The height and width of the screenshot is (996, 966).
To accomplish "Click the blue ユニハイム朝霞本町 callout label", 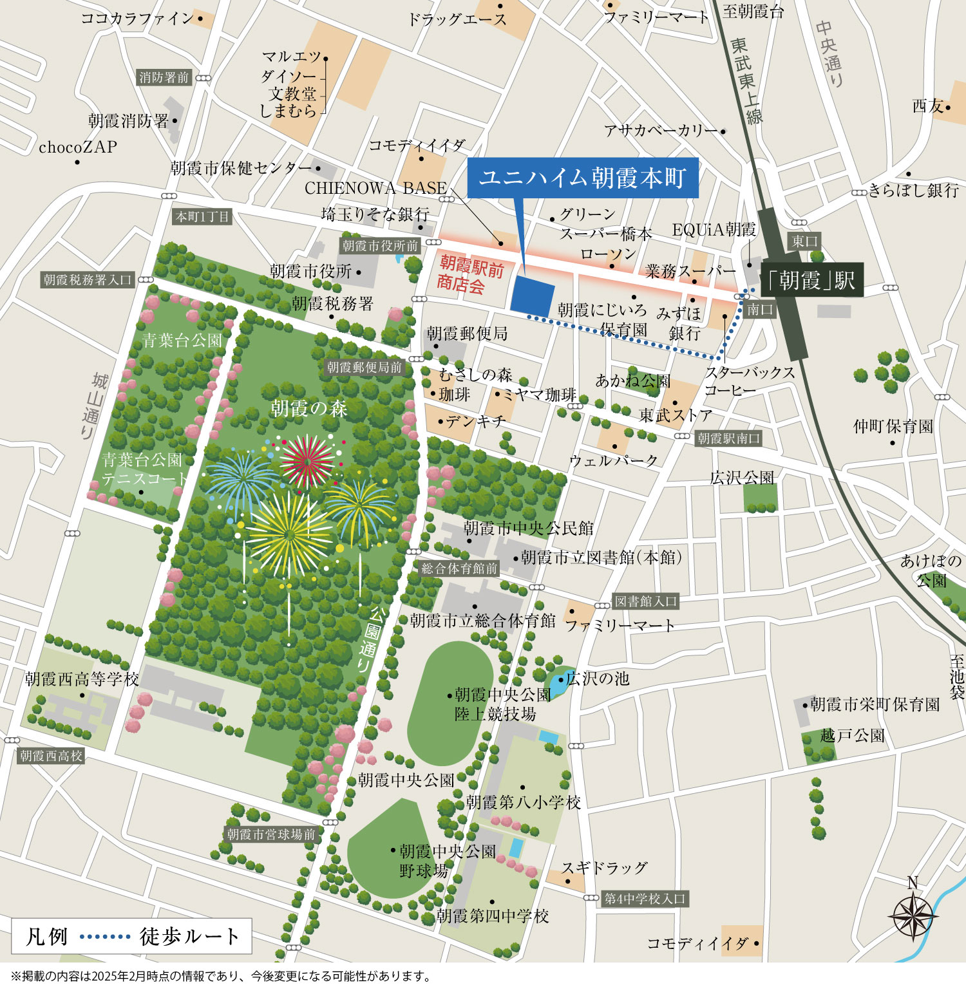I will (x=582, y=177).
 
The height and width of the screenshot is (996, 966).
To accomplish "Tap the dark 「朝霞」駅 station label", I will (x=811, y=280).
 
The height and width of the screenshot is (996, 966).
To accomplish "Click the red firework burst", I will (x=307, y=461).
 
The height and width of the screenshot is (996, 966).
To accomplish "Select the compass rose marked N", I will (x=913, y=915).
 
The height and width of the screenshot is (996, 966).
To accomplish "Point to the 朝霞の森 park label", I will (x=308, y=408).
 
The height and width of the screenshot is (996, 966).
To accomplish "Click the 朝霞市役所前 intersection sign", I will (x=380, y=245).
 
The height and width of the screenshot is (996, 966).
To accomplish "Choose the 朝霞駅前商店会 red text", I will (x=470, y=274).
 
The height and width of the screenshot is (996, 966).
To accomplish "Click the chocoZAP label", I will (x=78, y=147).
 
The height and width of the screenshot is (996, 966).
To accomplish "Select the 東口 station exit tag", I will (x=804, y=241).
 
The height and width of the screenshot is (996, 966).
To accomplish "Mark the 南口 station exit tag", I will (x=760, y=309).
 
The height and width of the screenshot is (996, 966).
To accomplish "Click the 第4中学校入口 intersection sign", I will (x=645, y=898).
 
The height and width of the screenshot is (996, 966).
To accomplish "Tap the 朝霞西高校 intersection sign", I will (x=52, y=755).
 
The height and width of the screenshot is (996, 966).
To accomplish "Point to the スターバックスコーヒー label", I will (x=749, y=381).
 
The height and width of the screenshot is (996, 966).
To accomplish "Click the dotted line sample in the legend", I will (x=105, y=936).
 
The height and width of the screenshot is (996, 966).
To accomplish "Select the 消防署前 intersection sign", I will (x=164, y=77).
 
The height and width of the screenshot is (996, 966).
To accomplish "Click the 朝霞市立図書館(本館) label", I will (x=601, y=557).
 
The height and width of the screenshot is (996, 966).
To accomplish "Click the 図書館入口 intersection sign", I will (x=645, y=601).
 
